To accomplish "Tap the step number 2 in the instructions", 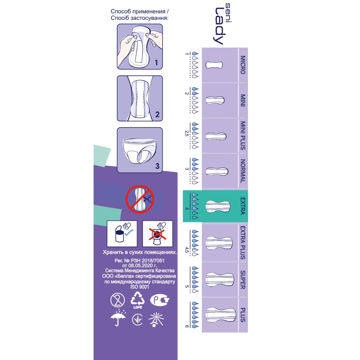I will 157,115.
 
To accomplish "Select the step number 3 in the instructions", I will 157,166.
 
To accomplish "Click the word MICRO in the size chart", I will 243,65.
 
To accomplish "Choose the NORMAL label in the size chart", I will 243,171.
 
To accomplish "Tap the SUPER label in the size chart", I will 243,279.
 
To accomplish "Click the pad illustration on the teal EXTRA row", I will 217,206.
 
